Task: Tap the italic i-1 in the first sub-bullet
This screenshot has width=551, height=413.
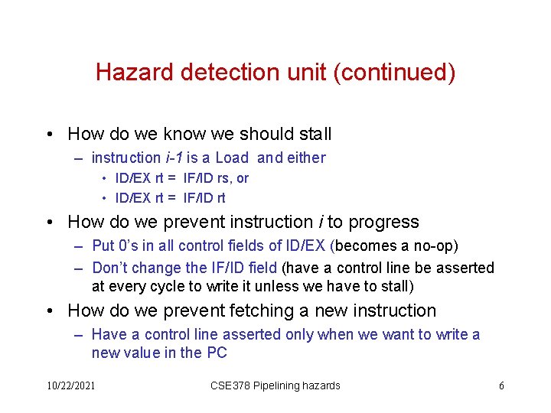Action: click(173, 158)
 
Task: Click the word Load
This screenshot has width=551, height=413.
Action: click(232, 158)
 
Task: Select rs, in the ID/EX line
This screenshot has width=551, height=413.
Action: click(225, 178)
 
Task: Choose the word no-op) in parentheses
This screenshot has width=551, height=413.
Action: click(435, 246)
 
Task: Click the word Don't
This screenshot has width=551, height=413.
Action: click(110, 268)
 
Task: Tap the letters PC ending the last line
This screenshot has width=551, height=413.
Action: click(217, 353)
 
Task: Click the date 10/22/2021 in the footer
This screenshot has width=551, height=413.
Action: click(70, 385)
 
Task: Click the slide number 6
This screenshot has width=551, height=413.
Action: click(501, 385)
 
